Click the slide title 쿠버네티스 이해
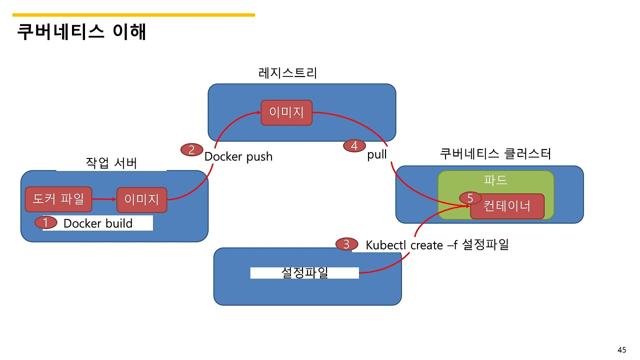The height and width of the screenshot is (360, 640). point(81,32)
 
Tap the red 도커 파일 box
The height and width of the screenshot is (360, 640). point(58,199)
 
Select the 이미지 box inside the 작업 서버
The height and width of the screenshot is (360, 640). point(141,200)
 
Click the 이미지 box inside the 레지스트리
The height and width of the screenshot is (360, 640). point(286,112)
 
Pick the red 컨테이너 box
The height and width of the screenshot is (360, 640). point(507,206)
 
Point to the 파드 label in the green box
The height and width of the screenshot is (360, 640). point(495,180)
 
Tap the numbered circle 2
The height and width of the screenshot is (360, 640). point(191,149)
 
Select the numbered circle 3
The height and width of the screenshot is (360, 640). point(346,244)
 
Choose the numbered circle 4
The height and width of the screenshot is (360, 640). point(354,146)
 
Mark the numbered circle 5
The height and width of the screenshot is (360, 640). point(470,198)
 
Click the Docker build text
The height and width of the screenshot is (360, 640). point(98,223)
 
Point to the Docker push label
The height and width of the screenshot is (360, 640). point(238,156)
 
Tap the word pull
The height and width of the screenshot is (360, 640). point(377,154)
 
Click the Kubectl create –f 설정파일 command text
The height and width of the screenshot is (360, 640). point(437,245)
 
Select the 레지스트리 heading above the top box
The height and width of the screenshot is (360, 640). point(288,73)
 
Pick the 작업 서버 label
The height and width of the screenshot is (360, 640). point(111,163)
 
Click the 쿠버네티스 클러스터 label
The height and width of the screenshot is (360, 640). point(495,153)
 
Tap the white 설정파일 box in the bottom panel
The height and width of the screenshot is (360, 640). point(304,272)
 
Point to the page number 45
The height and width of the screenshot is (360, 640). point(622,350)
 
